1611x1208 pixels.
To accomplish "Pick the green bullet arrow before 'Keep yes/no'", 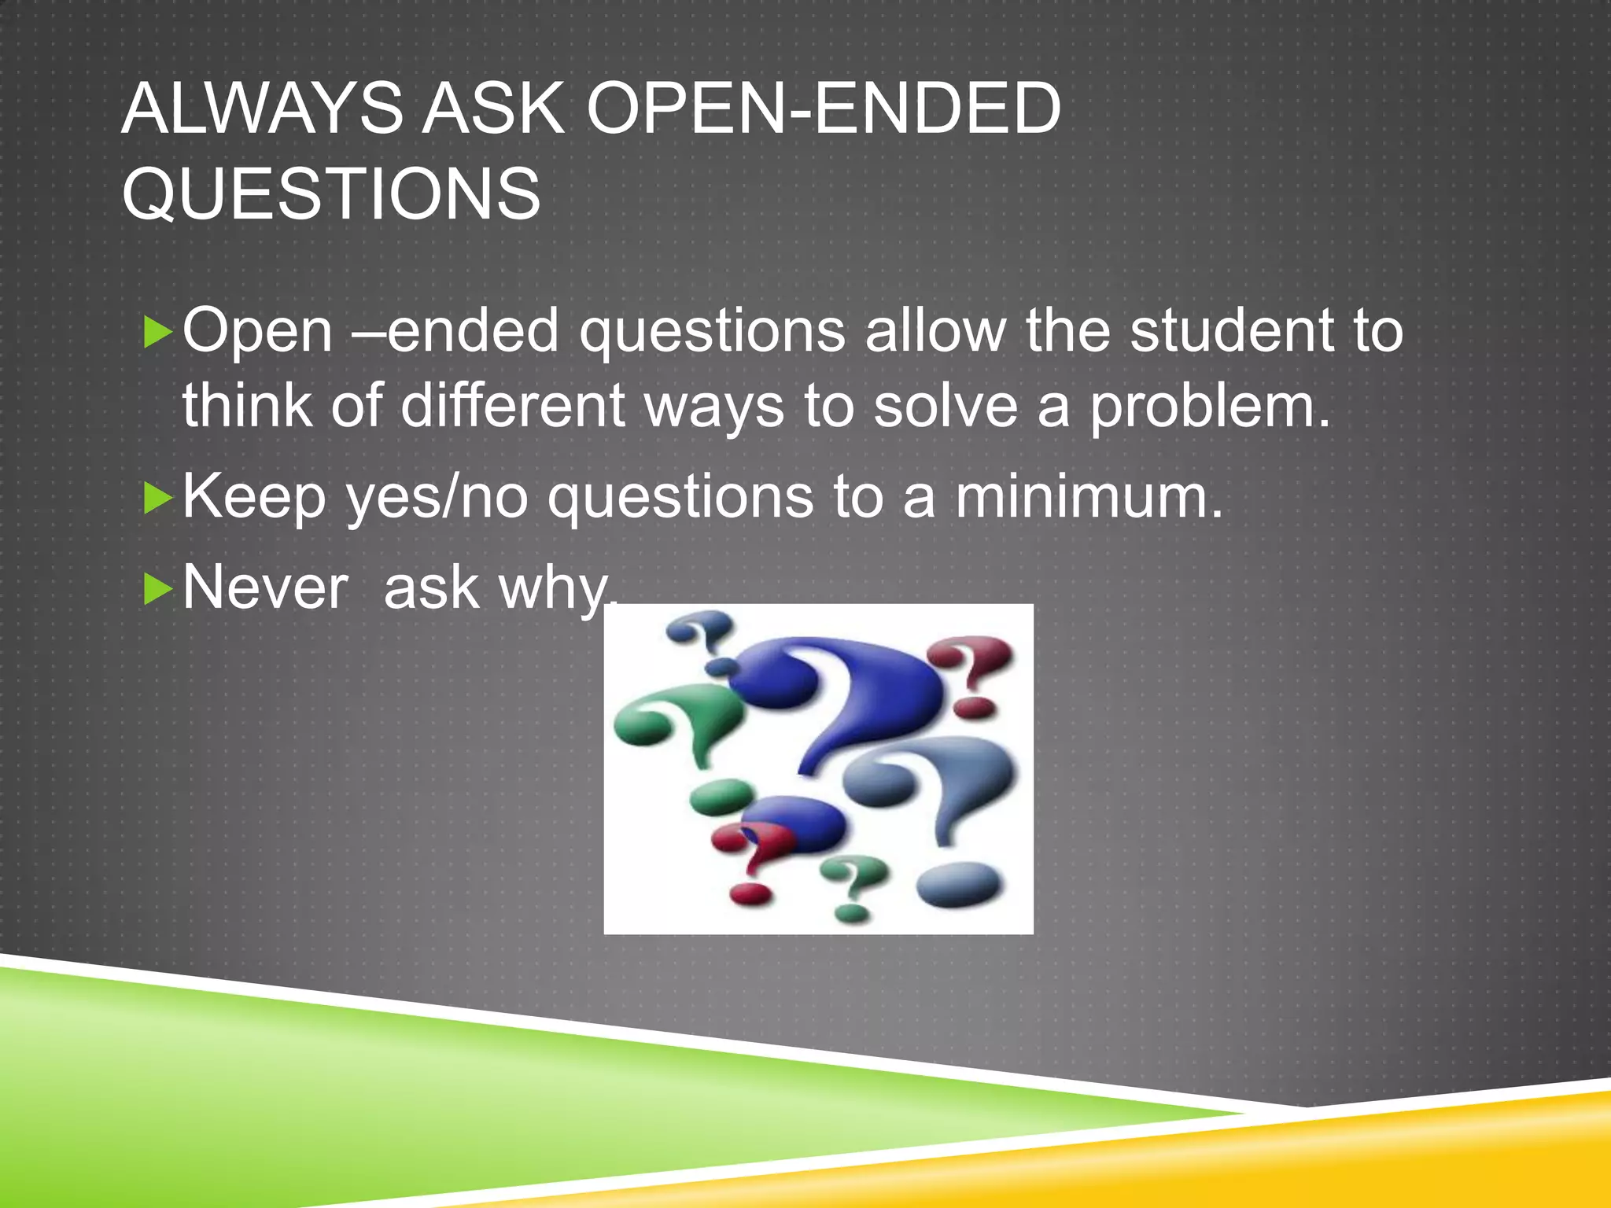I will pyautogui.click(x=158, y=499).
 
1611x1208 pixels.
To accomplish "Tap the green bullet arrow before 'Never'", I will pyautogui.click(x=158, y=589).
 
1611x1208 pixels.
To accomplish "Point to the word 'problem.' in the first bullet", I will pyautogui.click(x=1209, y=407).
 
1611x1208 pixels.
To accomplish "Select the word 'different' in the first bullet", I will pyautogui.click(x=512, y=406).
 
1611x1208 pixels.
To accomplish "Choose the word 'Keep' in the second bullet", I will pyautogui.click(x=254, y=499).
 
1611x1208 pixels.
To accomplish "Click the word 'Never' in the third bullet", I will pyautogui.click(x=265, y=587).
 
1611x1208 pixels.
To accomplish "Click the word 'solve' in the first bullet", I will pyautogui.click(x=946, y=407).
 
